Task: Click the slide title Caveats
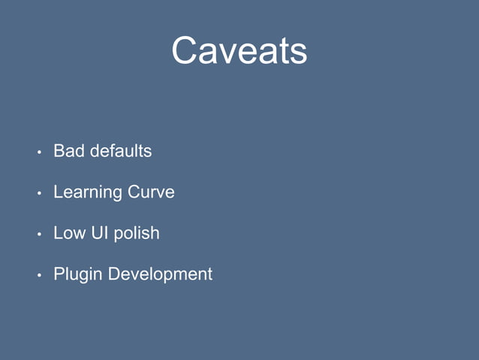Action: pyautogui.click(x=239, y=51)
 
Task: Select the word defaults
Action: pyautogui.click(x=121, y=151)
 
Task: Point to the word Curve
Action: pyautogui.click(x=151, y=192)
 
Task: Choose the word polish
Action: pyautogui.click(x=137, y=234)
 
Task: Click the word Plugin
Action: pyautogui.click(x=78, y=275)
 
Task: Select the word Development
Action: pyautogui.click(x=161, y=275)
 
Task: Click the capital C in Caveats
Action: pyautogui.click(x=185, y=51)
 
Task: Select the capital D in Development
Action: pyautogui.click(x=114, y=274)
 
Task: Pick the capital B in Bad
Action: pyautogui.click(x=59, y=151)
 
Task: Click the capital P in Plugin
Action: pyautogui.click(x=59, y=274)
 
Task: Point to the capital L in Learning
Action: pyautogui.click(x=58, y=192)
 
